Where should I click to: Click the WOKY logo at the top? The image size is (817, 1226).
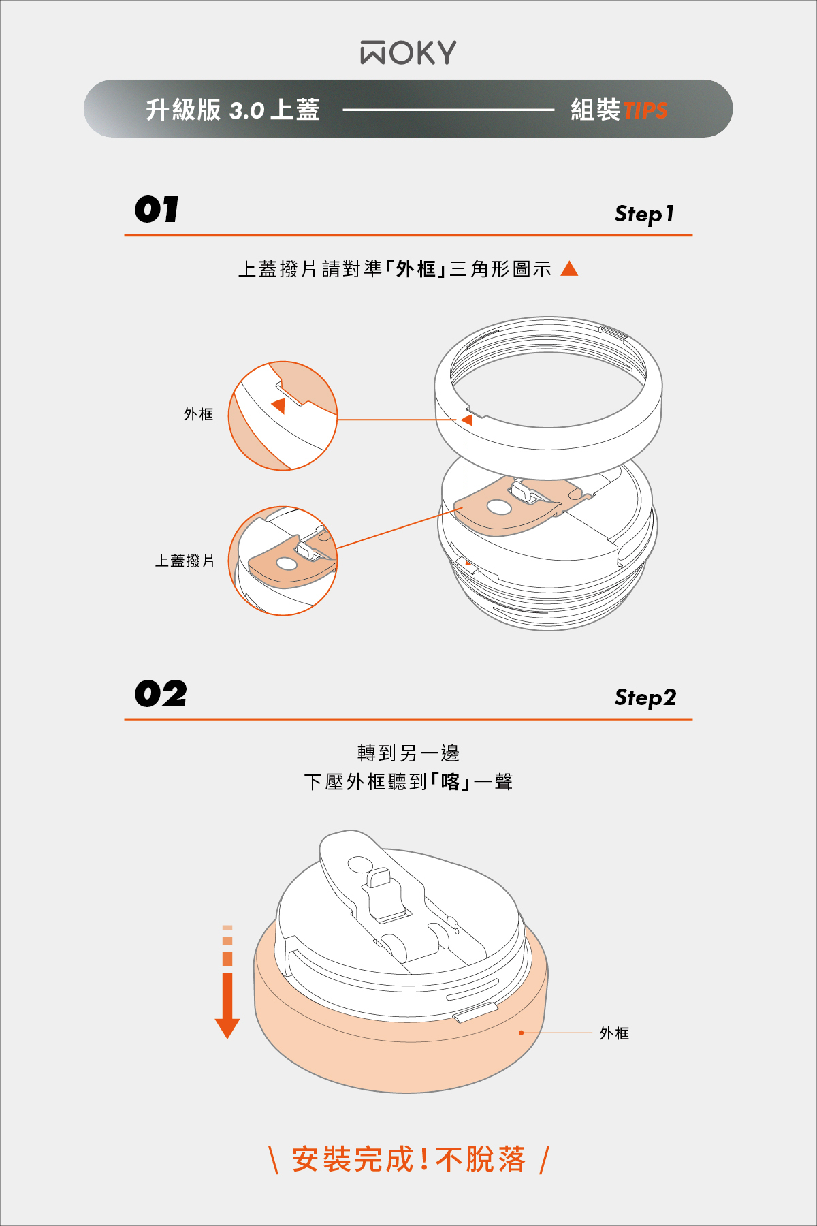408,52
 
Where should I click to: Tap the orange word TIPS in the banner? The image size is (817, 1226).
645,110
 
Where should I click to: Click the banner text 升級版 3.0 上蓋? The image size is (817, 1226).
233,110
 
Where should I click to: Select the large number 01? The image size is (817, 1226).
157,209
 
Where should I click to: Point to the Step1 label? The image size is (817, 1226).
644,214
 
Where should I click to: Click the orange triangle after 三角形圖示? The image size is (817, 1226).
569,268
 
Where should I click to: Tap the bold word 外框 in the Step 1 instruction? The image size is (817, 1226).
416,269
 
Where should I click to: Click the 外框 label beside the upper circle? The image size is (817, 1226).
198,414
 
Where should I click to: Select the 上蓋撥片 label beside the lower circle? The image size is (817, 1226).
185,561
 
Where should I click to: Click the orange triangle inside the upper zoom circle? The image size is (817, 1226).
279,406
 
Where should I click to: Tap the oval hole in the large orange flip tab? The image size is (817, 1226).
499,507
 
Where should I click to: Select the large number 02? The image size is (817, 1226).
161,694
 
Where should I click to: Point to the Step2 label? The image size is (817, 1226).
645,697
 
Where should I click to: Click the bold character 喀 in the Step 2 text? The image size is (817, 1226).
451,781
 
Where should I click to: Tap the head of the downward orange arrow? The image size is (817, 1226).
227,1028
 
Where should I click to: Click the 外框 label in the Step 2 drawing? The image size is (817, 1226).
614,1033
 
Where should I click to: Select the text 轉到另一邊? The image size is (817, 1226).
408,753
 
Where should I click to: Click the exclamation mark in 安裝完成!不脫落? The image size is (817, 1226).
424,1159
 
